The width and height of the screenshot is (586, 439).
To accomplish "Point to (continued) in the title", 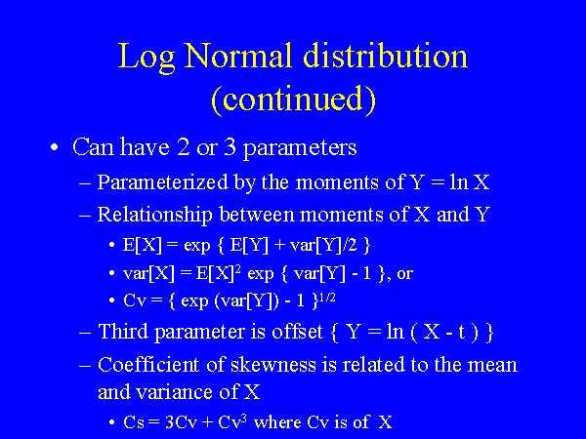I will [x=293, y=99].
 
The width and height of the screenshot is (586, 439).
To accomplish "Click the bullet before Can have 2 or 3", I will [x=55, y=148].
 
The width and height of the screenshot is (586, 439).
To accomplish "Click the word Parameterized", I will [x=164, y=182].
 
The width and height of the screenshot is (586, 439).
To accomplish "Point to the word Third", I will [x=123, y=333].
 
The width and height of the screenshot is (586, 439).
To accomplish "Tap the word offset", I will [x=289, y=333].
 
